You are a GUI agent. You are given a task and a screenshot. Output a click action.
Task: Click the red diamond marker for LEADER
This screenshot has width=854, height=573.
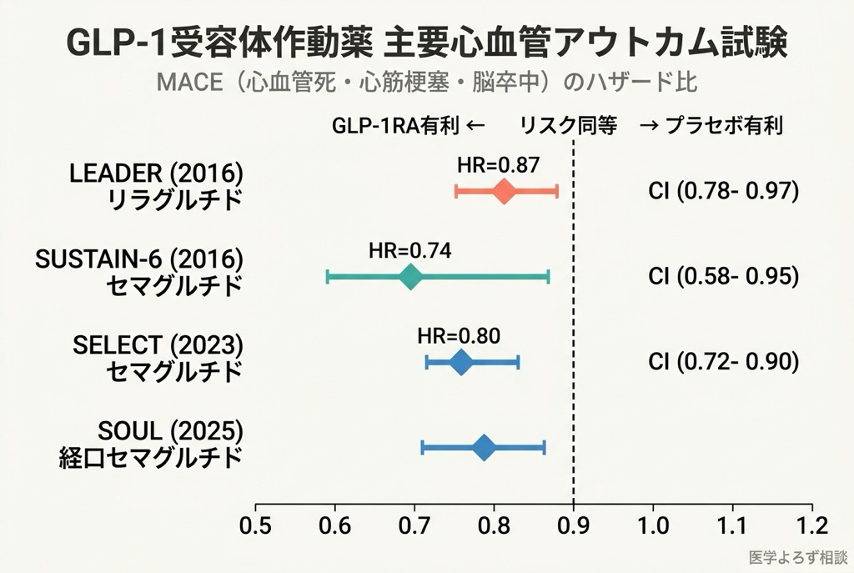point(503,191)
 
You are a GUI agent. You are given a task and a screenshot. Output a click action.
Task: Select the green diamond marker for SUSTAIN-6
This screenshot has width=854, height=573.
point(409,276)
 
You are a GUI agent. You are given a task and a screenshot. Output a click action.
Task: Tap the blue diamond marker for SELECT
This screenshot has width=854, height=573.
point(460,362)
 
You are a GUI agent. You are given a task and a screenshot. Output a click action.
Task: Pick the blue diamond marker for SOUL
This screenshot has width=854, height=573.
point(484,448)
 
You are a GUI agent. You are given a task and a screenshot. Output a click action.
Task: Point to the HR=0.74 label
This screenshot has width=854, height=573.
point(409,249)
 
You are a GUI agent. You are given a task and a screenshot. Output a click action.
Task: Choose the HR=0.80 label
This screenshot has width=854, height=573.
point(459,336)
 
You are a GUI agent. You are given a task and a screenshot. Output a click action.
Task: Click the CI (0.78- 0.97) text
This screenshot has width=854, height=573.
point(723,191)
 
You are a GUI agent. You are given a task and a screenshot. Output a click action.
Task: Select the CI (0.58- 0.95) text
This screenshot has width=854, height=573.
point(723,276)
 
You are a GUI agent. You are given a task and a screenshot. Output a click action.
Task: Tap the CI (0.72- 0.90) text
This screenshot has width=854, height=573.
point(723,362)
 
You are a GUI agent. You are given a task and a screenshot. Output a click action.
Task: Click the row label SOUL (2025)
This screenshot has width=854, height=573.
point(170,431)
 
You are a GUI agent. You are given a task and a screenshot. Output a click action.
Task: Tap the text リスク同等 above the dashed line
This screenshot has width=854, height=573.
point(568,126)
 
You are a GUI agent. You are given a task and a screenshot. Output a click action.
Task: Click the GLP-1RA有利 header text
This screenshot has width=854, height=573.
point(395,126)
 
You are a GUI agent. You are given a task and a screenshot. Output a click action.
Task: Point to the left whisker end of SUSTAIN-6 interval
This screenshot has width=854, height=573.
point(328,276)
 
